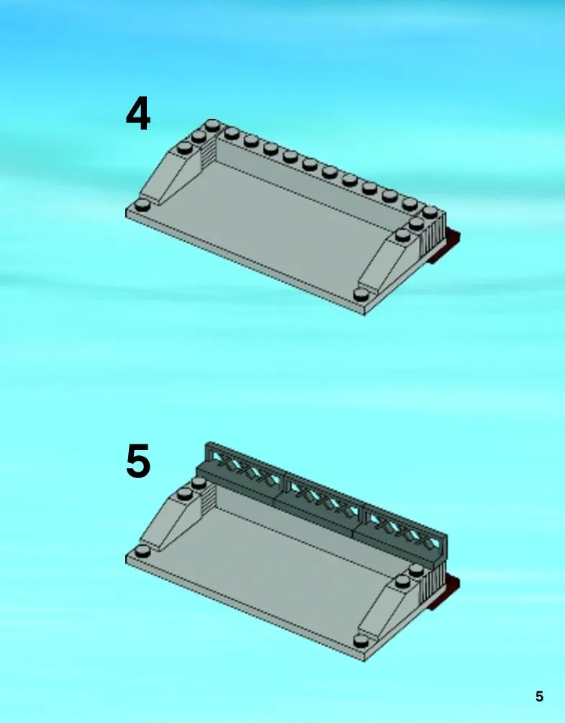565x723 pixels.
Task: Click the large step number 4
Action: (x=137, y=114)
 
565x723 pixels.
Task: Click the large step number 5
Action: (x=138, y=460)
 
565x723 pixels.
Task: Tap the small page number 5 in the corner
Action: (x=539, y=696)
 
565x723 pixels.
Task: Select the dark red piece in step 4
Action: (x=445, y=247)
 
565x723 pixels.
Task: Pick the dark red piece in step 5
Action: (x=445, y=593)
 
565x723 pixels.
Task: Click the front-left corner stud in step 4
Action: (x=143, y=205)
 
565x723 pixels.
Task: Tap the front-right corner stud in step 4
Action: (x=362, y=294)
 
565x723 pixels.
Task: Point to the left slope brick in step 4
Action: (x=171, y=175)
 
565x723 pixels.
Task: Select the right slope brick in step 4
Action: (x=389, y=263)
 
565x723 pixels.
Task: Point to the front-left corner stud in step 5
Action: (x=143, y=551)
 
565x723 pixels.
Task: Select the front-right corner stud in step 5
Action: (x=362, y=640)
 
